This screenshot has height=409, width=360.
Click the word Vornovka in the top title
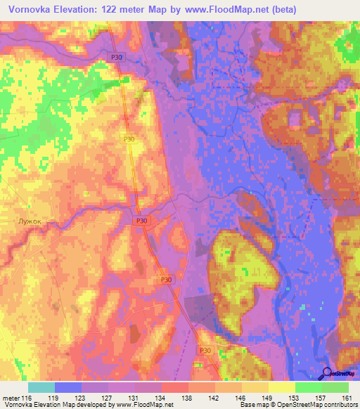click(32, 10)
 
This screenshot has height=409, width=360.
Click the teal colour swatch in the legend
click(41, 387)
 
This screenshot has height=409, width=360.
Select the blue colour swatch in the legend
click(67, 387)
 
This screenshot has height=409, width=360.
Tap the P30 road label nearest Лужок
click(143, 221)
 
